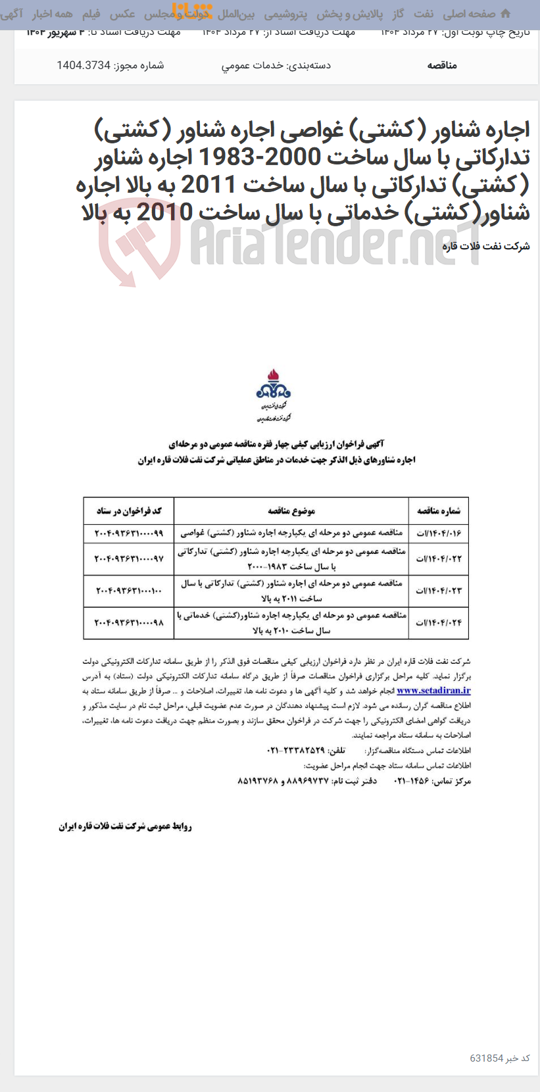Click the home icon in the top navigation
505,13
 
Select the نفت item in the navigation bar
423,14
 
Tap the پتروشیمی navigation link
285,14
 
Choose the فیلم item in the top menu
91,14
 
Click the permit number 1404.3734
84,65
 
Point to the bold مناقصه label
442,65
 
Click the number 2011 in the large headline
209,185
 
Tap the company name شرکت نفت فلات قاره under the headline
486,246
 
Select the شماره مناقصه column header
439,510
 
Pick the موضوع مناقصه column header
291,510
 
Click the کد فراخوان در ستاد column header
129,510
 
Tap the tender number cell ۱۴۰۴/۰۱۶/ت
439,533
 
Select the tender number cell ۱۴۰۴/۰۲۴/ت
439,622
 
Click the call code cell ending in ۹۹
129,533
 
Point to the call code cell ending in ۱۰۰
129,591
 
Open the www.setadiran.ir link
433,690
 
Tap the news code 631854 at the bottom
487,1058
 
